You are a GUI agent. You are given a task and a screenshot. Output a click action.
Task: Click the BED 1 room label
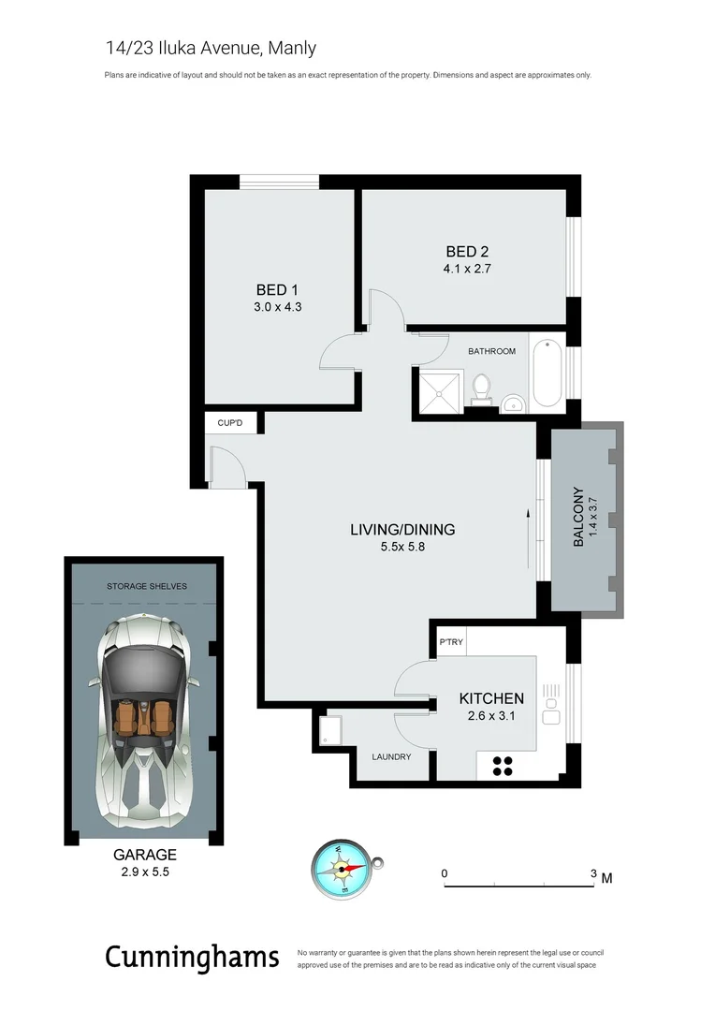click(x=276, y=289)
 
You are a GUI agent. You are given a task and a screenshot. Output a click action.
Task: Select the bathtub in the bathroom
click(x=547, y=374)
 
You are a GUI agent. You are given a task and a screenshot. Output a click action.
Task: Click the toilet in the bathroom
click(x=482, y=388)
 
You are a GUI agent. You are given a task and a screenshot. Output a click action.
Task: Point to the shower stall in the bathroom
click(x=439, y=389)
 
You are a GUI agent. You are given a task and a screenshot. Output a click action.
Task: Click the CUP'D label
click(x=230, y=424)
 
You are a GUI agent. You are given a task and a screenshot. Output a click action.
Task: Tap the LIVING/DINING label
click(x=402, y=530)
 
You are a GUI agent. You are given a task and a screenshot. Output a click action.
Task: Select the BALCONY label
click(x=578, y=518)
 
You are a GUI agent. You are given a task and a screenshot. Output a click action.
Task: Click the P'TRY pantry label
click(x=451, y=643)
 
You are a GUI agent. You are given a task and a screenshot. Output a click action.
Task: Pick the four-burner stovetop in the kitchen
click(x=502, y=766)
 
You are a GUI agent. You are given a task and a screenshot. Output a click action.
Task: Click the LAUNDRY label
click(x=391, y=756)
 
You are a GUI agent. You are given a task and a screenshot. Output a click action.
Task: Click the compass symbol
click(x=343, y=869)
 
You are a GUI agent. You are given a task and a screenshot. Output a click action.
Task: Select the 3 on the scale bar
click(x=593, y=874)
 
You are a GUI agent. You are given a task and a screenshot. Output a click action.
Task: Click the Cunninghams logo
click(x=192, y=957)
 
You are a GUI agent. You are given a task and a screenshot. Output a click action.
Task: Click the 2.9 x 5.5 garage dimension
click(x=144, y=872)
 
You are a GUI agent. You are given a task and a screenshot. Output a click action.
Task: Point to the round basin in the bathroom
click(x=512, y=403)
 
